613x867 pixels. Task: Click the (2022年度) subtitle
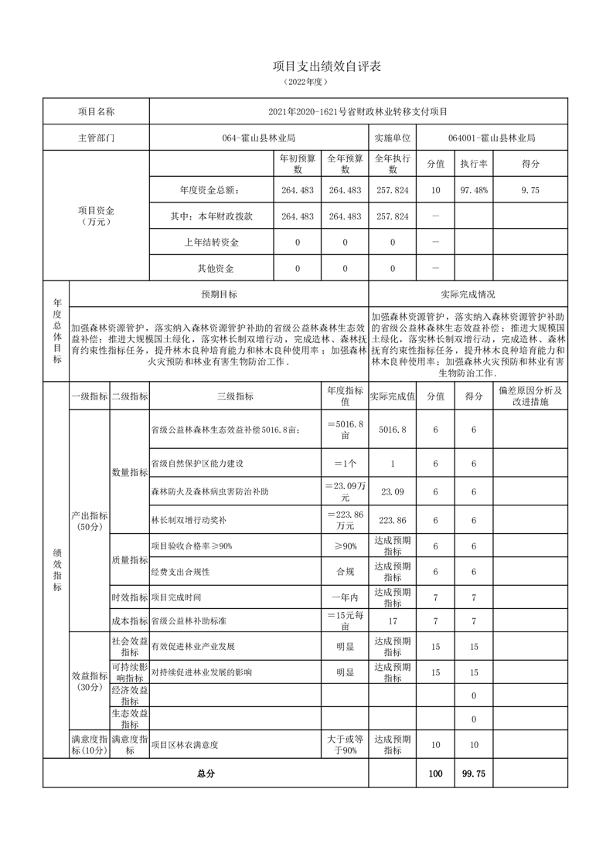[306, 81]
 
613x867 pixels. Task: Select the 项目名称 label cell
[96, 112]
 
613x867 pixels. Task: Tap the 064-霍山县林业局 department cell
[259, 138]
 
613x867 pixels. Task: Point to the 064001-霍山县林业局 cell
[492, 138]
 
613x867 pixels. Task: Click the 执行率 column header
[473, 165]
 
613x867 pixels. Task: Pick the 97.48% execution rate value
[473, 191]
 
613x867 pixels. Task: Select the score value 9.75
[530, 191]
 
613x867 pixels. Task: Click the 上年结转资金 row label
[211, 243]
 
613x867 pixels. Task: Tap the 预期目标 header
[220, 294]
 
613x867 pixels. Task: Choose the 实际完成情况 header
[468, 294]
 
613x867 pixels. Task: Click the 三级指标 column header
[235, 396]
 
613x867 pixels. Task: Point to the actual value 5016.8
[392, 430]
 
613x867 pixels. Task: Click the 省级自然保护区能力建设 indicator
[197, 464]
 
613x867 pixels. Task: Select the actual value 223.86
[392, 521]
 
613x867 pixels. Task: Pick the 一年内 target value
[345, 598]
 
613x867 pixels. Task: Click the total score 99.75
[473, 773]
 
